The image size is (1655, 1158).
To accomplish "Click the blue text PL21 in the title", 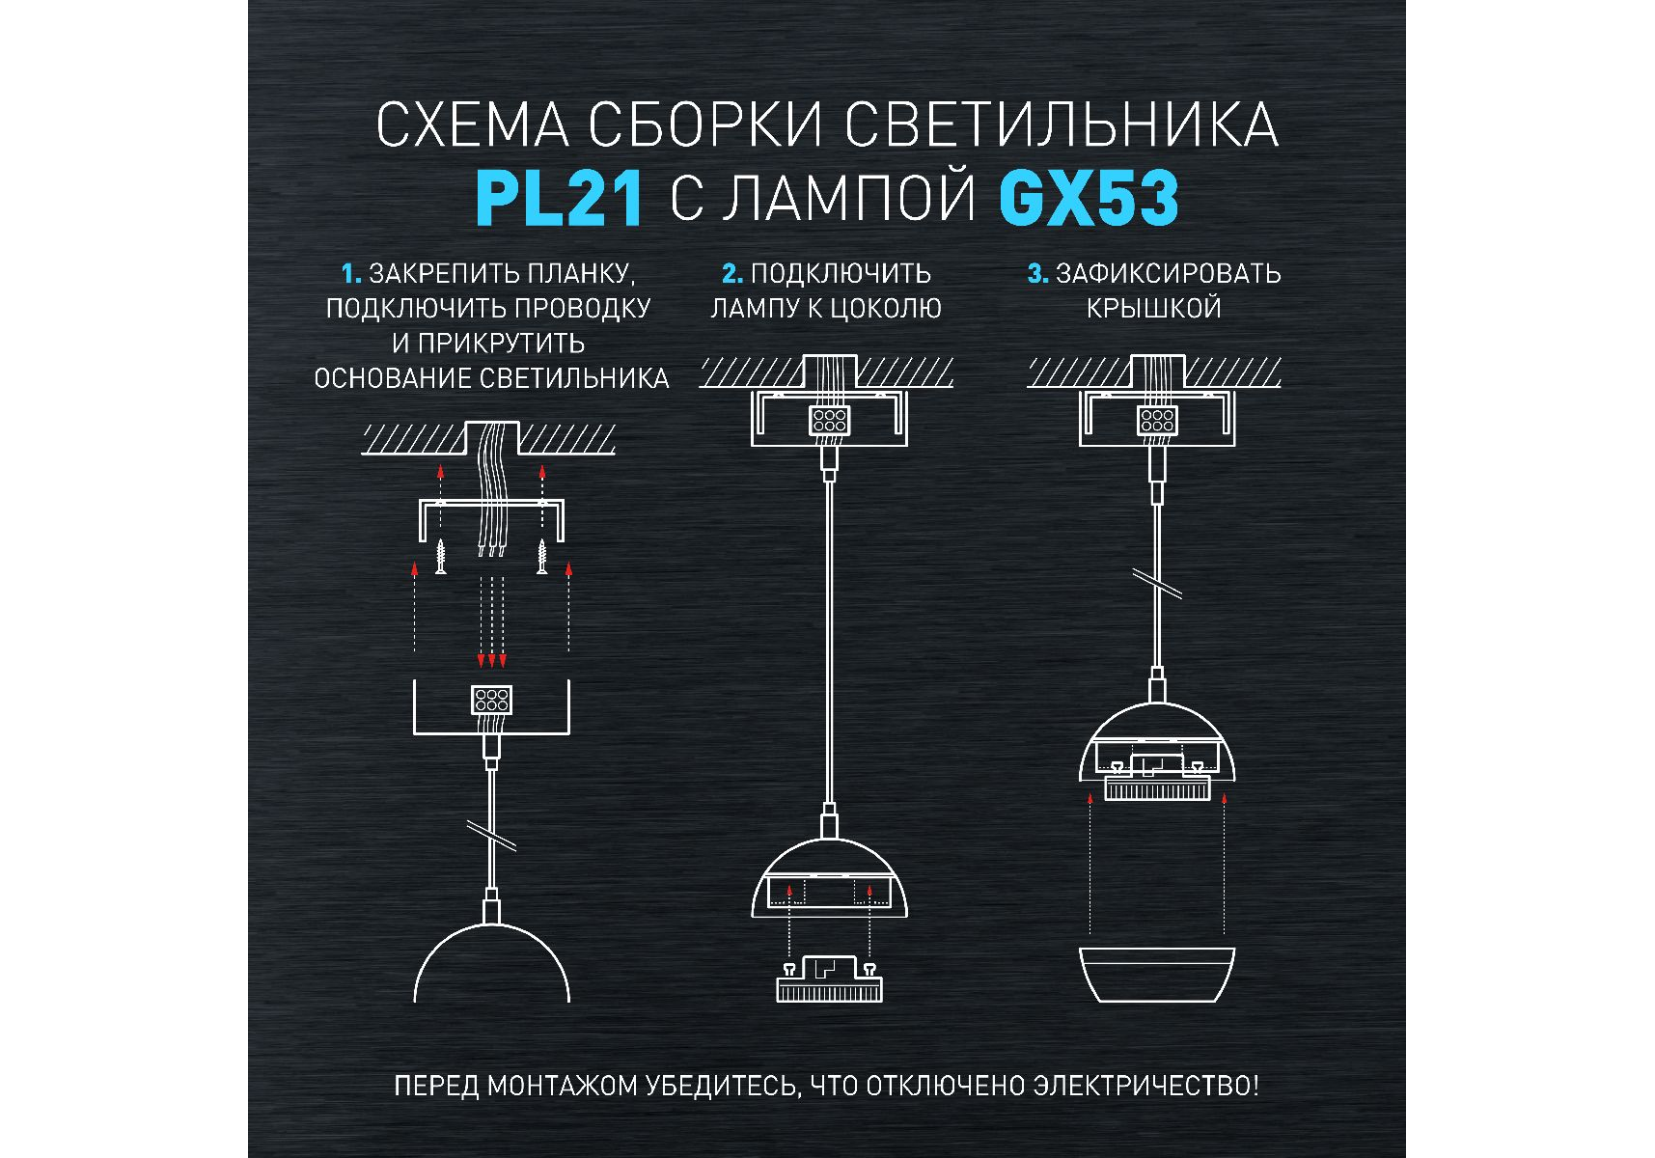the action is [x=560, y=198].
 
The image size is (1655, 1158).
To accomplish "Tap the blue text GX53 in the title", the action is [x=1089, y=198].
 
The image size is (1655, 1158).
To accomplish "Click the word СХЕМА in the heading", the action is [x=472, y=125].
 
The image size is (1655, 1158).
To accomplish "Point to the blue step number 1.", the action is [x=351, y=274].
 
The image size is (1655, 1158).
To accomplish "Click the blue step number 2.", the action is [x=732, y=274].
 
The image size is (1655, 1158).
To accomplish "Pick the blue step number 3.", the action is [x=1037, y=274].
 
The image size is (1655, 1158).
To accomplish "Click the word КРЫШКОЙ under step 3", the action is [x=1154, y=309].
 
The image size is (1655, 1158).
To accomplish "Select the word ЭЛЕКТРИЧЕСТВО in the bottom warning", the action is [x=1145, y=1086].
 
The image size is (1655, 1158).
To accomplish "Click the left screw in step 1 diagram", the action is [x=441, y=556].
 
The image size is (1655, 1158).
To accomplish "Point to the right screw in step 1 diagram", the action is [x=542, y=556].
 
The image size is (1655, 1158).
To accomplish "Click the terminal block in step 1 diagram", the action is [x=491, y=700].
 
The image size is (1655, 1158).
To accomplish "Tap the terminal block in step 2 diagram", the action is [x=829, y=420].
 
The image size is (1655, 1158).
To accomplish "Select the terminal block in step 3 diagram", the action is [x=1157, y=420].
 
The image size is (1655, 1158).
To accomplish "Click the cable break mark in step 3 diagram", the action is [x=1157, y=584].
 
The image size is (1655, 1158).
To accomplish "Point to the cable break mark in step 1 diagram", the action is [x=491, y=836].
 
